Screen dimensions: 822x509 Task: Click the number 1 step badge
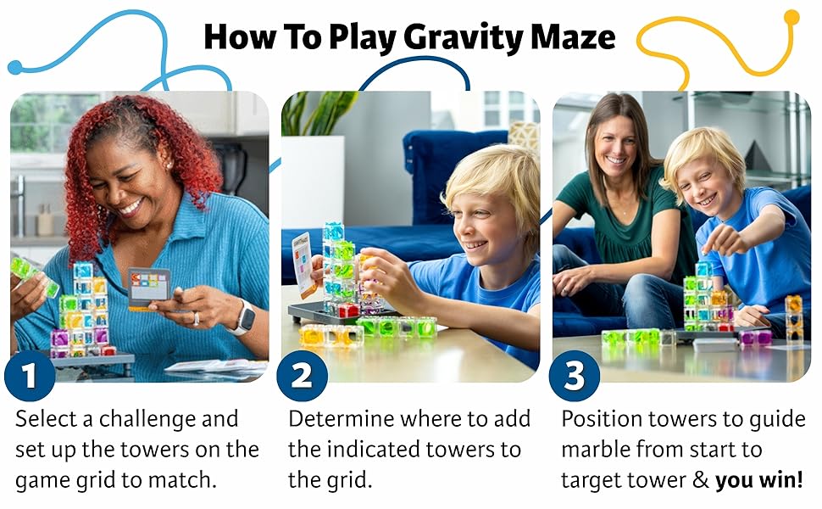(30, 375)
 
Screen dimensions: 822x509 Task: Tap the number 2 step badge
(302, 375)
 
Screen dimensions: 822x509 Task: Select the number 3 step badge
(575, 375)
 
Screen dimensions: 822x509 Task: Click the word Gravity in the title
(464, 38)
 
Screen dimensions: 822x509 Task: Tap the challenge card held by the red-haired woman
(149, 288)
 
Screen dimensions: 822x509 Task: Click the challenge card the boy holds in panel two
(304, 265)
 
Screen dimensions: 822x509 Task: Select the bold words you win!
(758, 479)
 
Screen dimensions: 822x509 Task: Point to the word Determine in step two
(340, 419)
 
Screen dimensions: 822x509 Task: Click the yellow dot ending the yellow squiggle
(791, 17)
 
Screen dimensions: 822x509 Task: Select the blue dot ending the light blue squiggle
(15, 67)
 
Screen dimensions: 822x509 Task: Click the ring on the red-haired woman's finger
(196, 318)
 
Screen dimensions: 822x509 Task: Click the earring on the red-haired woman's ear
(169, 165)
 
